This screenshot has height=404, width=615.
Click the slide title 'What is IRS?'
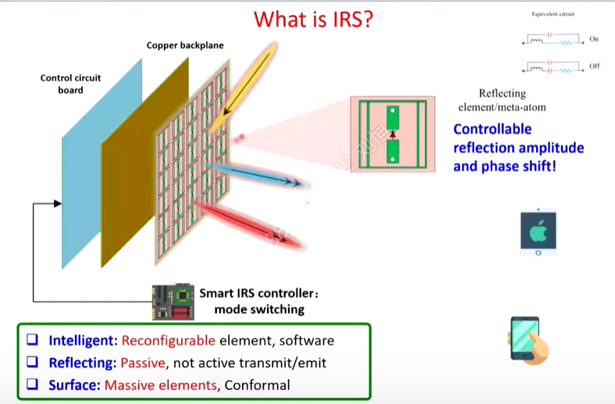[x=312, y=19]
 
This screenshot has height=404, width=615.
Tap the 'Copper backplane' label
[x=185, y=45]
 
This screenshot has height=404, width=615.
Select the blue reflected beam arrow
[x=261, y=176]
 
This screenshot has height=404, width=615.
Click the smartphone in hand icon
[x=527, y=339]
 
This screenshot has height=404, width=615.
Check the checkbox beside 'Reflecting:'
[x=33, y=363]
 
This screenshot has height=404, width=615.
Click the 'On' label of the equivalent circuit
[x=595, y=39]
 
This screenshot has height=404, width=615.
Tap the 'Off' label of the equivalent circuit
[x=595, y=66]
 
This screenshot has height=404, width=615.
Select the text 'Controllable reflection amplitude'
[x=518, y=138]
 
